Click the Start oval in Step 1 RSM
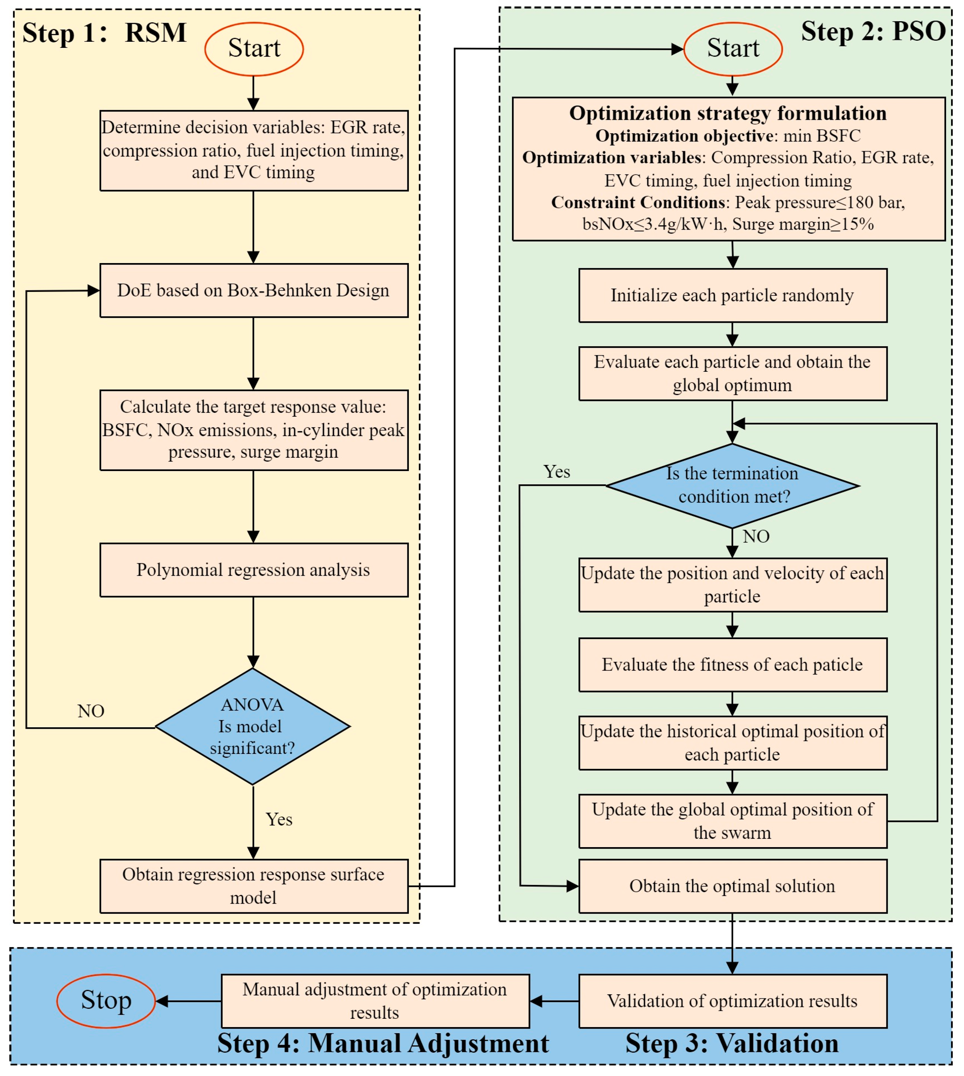point(254,49)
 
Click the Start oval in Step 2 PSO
point(733,49)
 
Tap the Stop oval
point(106,1001)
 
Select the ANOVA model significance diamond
point(253,726)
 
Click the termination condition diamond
point(732,485)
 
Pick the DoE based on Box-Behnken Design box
point(254,290)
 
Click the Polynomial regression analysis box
point(254,570)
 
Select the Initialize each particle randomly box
point(733,295)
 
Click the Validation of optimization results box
point(733,1001)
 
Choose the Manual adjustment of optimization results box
point(375,1001)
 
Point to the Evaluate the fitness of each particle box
point(733,665)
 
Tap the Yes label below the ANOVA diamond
point(279,819)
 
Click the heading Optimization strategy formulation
point(728,113)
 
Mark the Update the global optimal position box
point(733,821)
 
